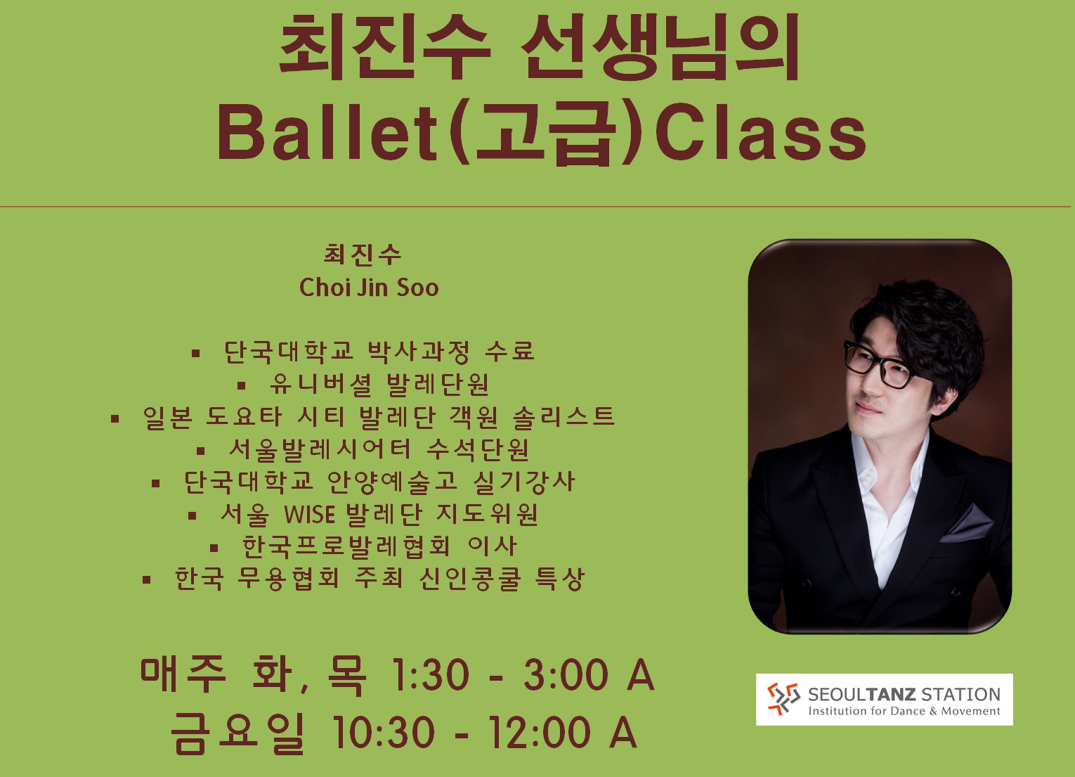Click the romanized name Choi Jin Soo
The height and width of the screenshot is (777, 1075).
[369, 288]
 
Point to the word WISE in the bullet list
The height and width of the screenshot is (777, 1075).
[310, 514]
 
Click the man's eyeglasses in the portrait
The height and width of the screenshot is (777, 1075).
[879, 365]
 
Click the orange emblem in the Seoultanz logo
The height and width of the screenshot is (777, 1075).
[783, 699]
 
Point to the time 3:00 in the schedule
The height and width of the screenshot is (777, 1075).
[566, 675]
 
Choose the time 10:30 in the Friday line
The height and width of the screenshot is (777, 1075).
[384, 732]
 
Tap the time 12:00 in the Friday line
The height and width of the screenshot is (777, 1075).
[540, 732]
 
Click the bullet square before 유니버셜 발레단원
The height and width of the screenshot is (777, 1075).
[242, 385]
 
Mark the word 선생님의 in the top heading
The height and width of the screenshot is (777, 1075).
[660, 47]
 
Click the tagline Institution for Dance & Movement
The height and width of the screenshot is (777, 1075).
[904, 711]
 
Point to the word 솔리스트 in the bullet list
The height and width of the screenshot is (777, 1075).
[564, 416]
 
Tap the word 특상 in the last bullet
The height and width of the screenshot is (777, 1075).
[559, 579]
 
